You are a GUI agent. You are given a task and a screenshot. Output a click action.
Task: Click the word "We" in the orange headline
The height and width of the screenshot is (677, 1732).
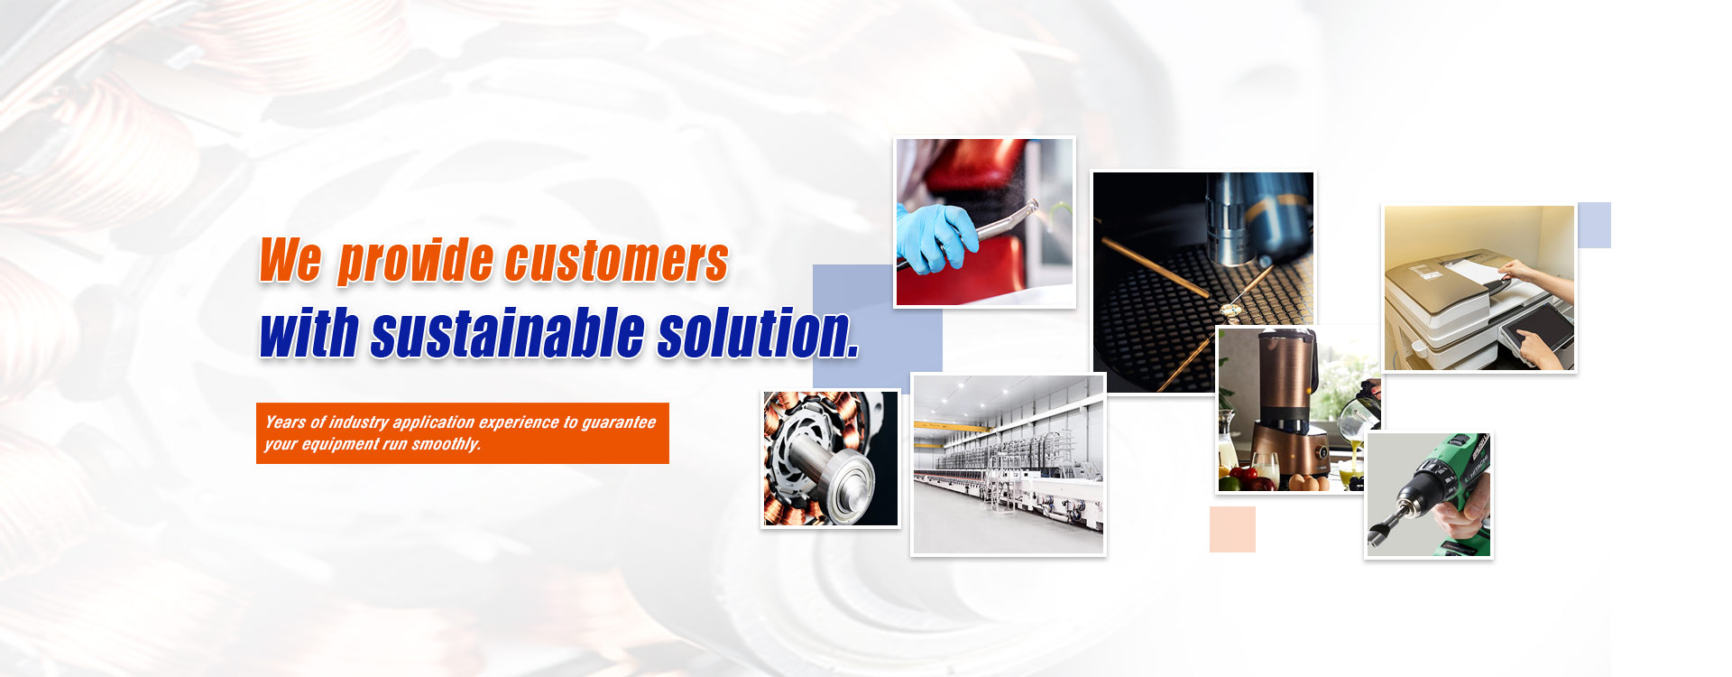click(290, 260)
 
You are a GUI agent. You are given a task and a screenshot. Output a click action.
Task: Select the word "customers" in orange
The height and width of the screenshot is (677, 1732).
click(616, 261)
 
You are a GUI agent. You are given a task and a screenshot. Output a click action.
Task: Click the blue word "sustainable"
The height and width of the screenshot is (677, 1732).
click(507, 332)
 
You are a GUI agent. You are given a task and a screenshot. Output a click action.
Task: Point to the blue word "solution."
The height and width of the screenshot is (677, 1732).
click(758, 332)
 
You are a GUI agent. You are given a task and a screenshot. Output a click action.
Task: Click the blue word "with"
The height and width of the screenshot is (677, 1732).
click(309, 332)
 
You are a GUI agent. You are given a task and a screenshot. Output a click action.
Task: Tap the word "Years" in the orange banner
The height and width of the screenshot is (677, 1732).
click(285, 422)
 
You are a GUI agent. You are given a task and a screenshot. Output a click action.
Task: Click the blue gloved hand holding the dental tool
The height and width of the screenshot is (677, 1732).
click(935, 236)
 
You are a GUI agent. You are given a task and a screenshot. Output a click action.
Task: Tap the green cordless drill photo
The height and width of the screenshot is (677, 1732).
click(1429, 496)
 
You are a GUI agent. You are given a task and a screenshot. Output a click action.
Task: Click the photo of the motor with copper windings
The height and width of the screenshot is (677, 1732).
click(831, 459)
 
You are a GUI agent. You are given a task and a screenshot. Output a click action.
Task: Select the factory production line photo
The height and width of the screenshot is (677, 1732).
click(1009, 465)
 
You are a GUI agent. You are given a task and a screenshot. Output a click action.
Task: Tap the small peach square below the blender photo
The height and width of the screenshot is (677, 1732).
click(1232, 529)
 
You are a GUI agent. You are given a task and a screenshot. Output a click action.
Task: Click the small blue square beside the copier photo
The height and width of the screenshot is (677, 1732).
click(1594, 225)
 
